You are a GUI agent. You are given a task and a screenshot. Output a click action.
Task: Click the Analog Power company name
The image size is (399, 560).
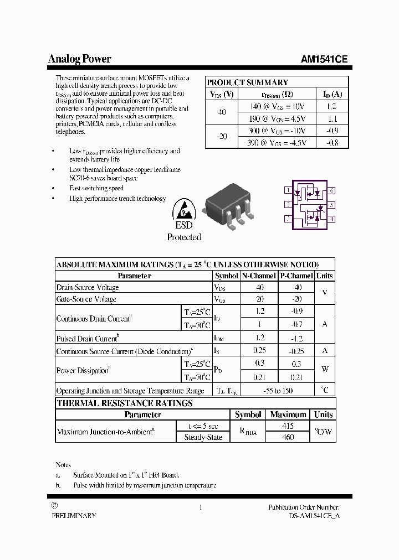[79, 59]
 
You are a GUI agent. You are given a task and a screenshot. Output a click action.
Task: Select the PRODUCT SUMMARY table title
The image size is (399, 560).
[247, 82]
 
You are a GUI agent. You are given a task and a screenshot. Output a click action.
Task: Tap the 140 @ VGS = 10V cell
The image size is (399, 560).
[277, 106]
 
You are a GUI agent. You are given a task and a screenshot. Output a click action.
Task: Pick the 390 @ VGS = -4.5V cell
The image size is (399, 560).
[277, 143]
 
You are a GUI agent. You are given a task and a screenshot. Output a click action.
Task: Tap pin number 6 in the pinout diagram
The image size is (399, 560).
[331, 190]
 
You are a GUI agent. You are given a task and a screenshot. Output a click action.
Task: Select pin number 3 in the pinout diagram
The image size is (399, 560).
[288, 219]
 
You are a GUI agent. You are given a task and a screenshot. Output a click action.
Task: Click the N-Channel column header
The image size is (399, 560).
[259, 276]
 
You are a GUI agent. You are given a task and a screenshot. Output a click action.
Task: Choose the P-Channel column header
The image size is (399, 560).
[296, 276]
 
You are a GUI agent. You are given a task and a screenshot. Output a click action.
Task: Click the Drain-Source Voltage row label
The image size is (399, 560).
[88, 288]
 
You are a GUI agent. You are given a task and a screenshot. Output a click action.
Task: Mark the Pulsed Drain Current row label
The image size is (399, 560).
[88, 338]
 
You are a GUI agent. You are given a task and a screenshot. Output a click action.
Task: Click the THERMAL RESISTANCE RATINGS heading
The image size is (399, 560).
[125, 403]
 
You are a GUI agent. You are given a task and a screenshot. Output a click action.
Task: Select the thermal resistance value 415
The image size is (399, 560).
[288, 426]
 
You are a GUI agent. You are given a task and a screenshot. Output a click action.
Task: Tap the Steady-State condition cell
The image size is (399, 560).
[203, 437]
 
